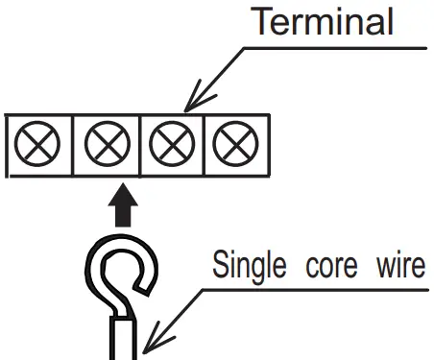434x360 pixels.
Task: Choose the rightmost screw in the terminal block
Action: coord(230,146)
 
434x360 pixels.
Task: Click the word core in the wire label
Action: coord(326,264)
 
